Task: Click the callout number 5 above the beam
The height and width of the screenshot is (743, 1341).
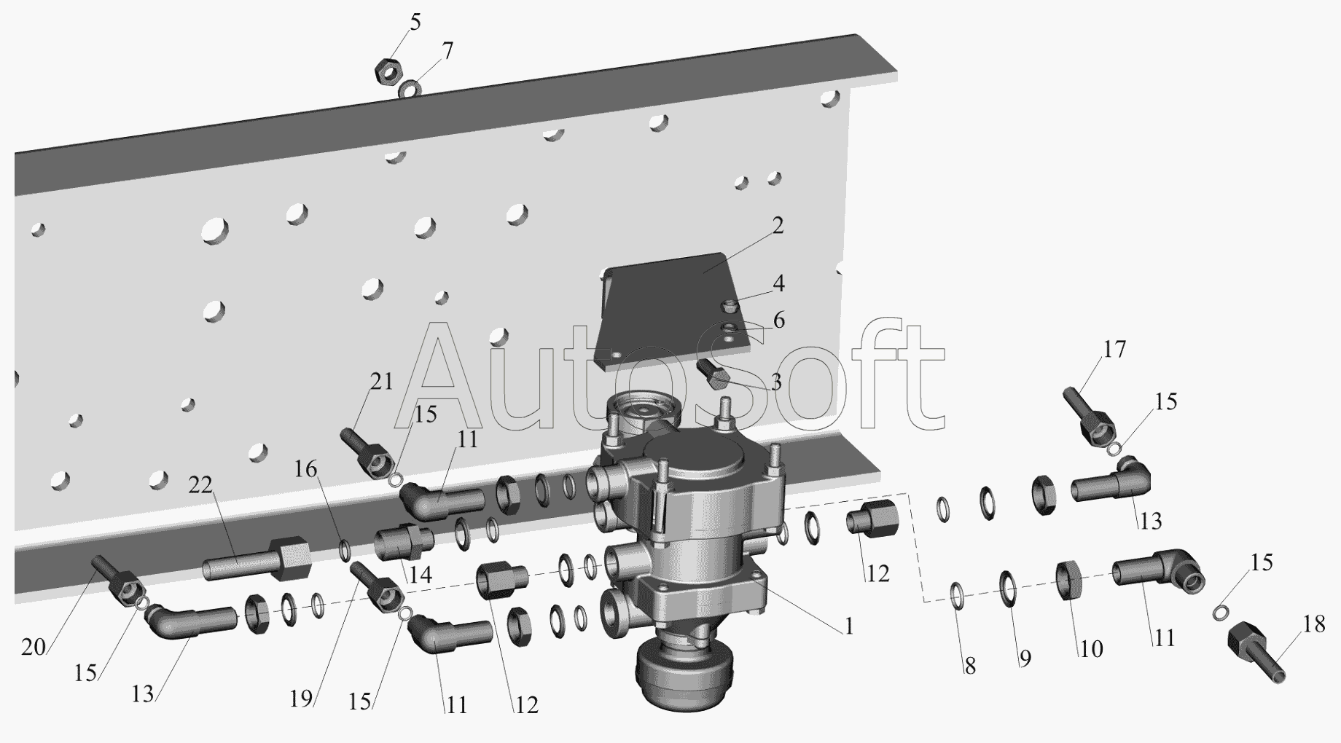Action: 415,23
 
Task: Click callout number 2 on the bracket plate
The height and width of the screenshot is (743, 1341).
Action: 778,226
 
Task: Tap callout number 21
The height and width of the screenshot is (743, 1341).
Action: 381,381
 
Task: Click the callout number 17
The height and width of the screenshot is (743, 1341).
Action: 1114,350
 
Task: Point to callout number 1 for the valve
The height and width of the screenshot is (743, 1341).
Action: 848,626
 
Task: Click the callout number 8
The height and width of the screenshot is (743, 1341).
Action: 970,667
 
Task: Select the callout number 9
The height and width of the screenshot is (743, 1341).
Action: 1025,659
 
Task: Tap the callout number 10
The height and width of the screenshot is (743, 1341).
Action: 1091,648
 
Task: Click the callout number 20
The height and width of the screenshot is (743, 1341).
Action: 34,646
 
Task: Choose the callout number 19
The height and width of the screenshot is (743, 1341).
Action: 301,699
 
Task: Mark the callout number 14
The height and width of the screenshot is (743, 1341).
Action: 420,575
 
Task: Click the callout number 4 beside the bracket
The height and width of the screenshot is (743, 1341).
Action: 778,283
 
